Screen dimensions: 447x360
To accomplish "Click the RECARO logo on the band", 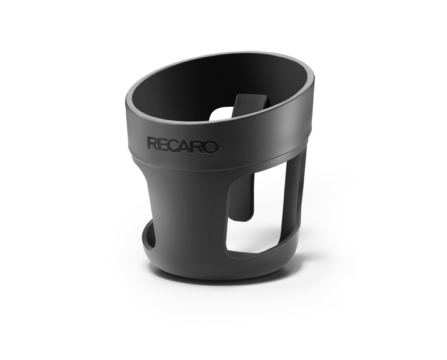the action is click(x=183, y=146).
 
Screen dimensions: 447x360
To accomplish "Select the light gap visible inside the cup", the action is click(x=220, y=114).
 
